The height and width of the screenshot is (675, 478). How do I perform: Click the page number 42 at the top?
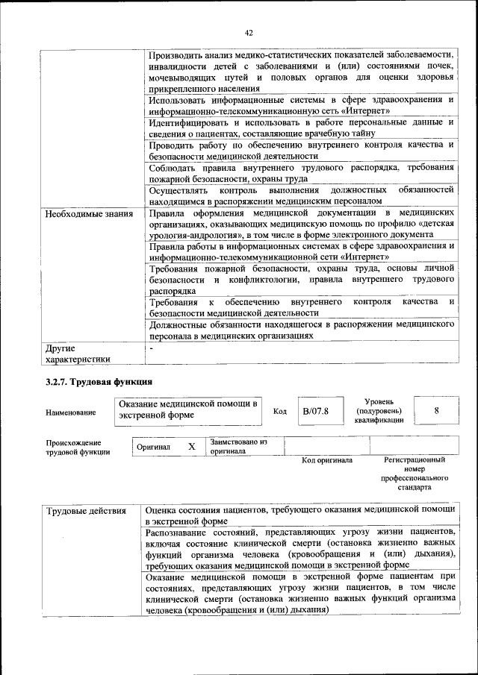[249, 32]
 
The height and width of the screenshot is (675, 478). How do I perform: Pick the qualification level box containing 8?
[436, 410]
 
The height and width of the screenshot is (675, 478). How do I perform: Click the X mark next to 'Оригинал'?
[191, 446]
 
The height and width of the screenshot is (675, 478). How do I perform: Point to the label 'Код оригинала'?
[327, 460]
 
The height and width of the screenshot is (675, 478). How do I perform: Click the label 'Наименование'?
[70, 412]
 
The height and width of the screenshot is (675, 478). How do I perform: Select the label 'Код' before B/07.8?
[279, 412]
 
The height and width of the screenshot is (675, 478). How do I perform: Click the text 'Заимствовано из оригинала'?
[238, 445]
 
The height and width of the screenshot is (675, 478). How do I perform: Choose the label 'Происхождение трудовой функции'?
[78, 446]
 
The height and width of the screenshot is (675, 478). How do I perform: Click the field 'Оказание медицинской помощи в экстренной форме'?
[189, 410]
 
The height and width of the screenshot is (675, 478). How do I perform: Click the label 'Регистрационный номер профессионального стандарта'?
[414, 474]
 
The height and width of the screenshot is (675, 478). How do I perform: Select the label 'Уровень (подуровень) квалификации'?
[379, 410]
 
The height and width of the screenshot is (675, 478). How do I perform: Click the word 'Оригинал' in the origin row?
[153, 447]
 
